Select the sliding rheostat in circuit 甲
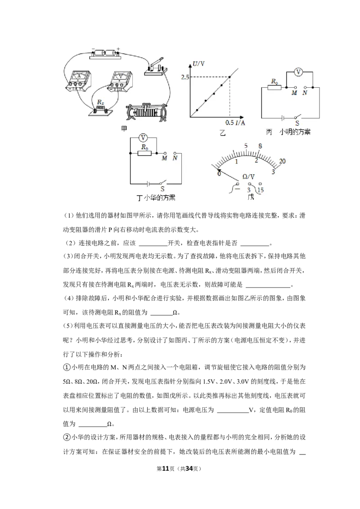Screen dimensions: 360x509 [x=147, y=113]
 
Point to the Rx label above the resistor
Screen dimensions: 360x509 [x=100, y=102]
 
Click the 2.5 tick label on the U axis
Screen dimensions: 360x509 [x=185, y=77]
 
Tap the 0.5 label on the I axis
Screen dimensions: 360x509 [x=229, y=123]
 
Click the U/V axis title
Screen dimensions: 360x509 [x=198, y=64]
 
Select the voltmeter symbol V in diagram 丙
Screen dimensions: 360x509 [x=298, y=72]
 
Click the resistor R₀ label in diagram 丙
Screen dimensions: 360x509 [x=275, y=81]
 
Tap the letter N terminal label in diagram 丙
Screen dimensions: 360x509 [x=305, y=93]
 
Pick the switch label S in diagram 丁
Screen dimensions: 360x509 [x=162, y=188]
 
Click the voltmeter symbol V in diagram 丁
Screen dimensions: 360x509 [x=143, y=138]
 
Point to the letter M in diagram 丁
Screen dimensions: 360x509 [x=164, y=158]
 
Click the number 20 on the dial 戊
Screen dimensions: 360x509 [x=282, y=161]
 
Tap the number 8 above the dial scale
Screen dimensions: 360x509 [x=260, y=147]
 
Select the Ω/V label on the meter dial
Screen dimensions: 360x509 [x=248, y=177]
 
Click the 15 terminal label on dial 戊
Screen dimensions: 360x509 [x=261, y=190]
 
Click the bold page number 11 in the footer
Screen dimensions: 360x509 [x=166, y=469]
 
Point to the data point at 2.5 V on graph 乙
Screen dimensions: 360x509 [x=229, y=77]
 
